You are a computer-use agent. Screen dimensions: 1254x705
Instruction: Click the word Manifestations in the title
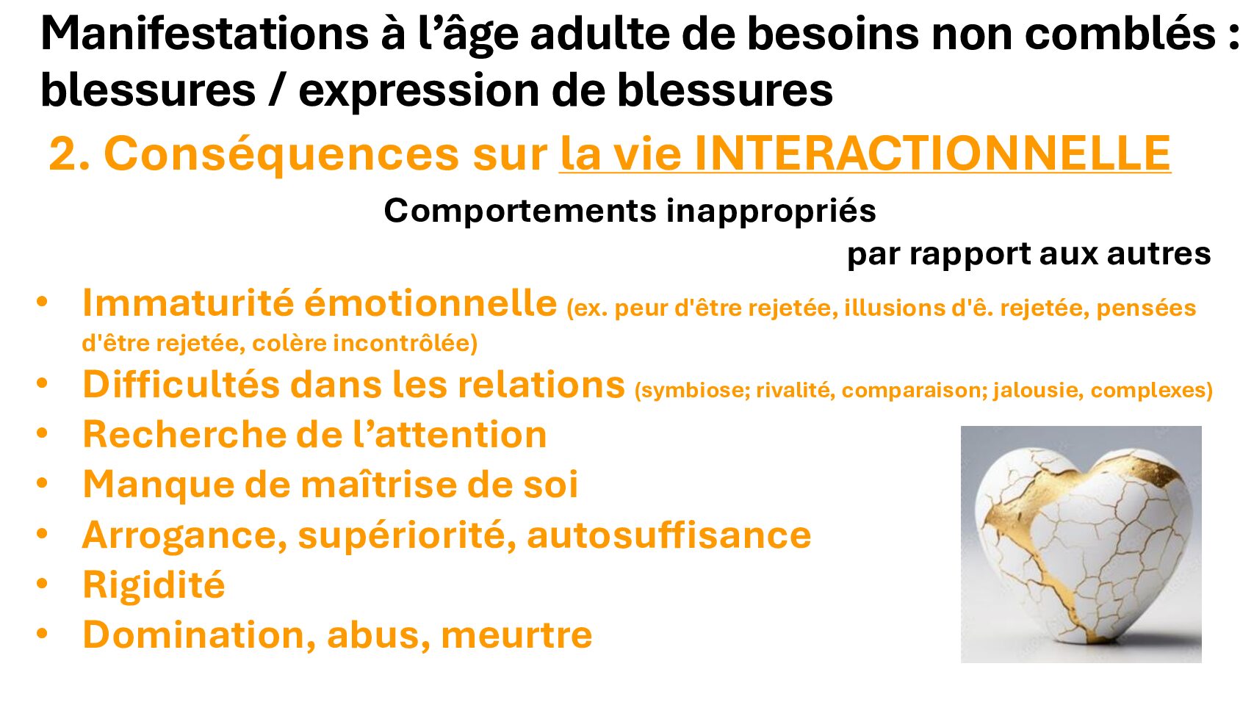205,34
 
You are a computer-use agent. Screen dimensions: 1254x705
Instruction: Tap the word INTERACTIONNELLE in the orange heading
932,153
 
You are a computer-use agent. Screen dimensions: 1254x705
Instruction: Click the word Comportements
520,212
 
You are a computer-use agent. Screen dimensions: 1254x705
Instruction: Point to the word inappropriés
771,212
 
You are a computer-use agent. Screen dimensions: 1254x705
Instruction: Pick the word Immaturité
188,303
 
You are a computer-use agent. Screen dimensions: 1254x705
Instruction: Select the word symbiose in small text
692,390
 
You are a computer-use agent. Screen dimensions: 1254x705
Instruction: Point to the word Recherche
184,434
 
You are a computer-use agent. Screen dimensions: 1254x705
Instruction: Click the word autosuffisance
669,535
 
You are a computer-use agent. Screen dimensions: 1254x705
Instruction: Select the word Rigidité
154,585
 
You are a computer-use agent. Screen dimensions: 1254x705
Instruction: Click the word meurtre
516,635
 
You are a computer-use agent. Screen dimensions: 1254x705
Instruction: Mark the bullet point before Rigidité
43,584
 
